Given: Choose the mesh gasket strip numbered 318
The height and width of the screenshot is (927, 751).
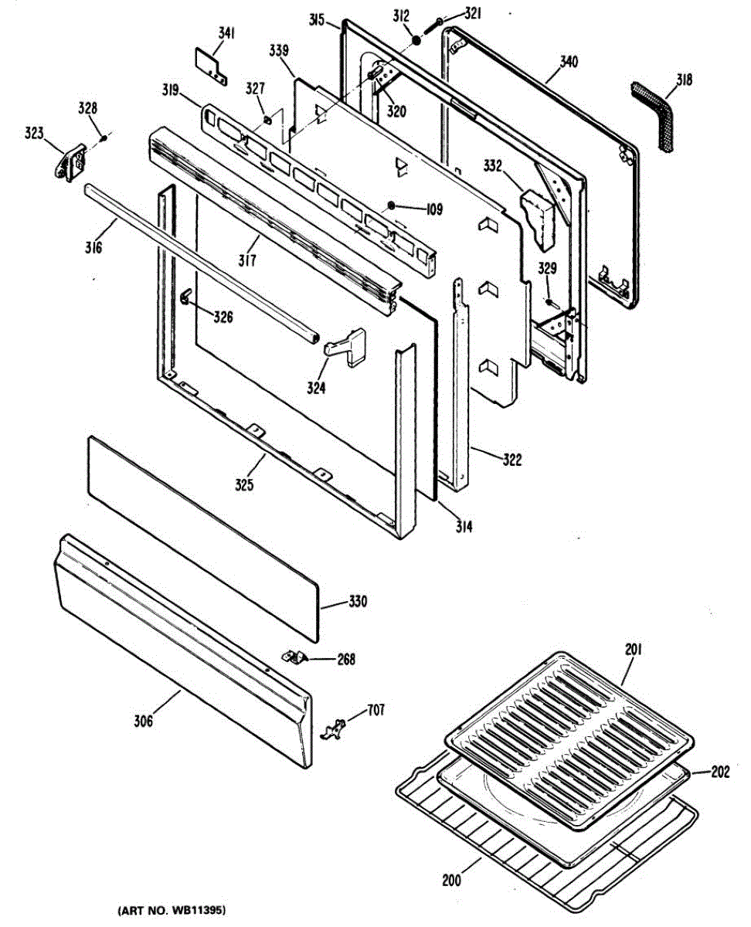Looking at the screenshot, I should click(654, 115).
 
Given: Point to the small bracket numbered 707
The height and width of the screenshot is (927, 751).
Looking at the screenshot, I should click(333, 728).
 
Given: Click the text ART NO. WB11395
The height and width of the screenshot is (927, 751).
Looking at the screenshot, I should click(172, 912).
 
